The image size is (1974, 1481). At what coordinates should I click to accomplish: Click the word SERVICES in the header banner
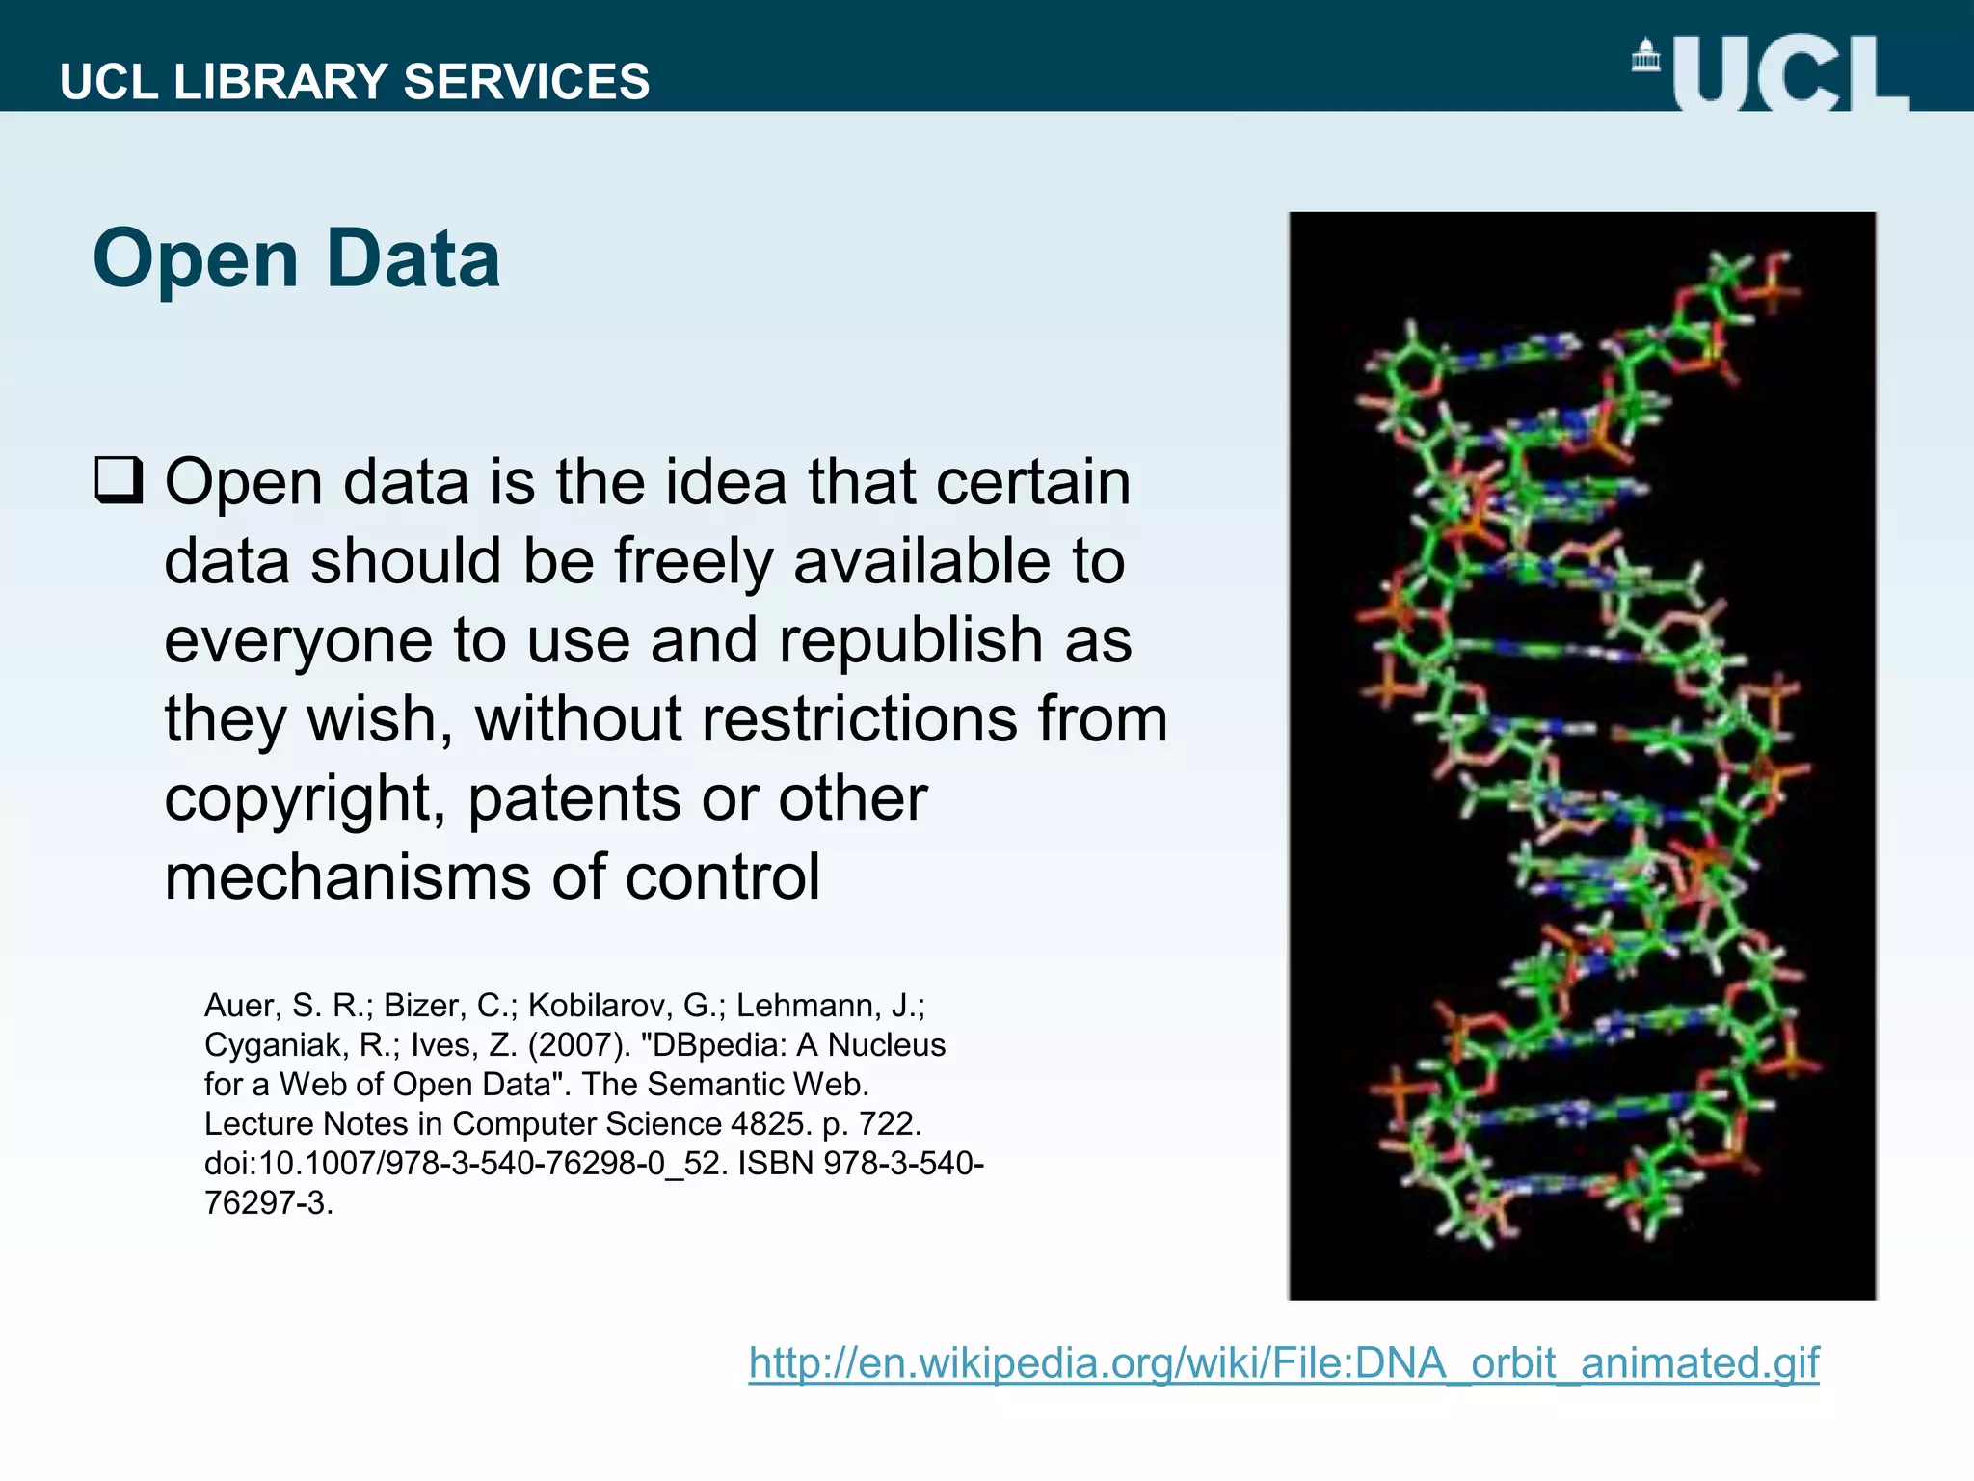click(526, 82)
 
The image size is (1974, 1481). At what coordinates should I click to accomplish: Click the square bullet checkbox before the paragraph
click(119, 481)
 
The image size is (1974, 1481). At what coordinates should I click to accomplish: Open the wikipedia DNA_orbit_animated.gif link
click(1283, 1363)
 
